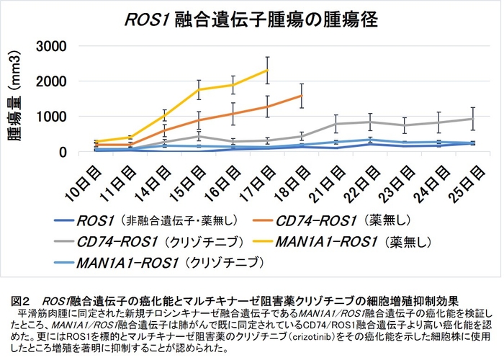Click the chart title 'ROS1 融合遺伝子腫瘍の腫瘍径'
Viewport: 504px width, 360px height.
coord(251,17)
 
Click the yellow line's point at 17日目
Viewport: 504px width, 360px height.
coord(268,70)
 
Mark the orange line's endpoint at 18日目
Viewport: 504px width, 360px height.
coord(302,95)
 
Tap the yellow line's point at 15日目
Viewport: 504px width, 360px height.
coord(199,89)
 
